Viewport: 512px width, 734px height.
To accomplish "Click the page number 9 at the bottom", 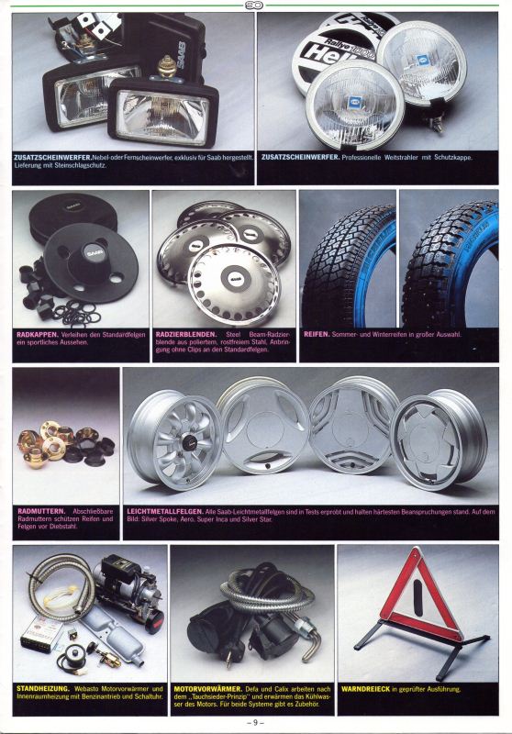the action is (x=255, y=722).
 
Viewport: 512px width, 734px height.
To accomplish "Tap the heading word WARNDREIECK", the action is (x=365, y=689).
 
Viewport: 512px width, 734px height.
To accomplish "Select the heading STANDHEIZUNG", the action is (x=42, y=689).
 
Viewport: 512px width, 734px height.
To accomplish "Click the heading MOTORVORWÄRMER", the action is (x=207, y=689).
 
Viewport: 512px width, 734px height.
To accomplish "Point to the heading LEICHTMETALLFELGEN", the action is (x=165, y=512).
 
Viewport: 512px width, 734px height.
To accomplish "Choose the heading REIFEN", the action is (x=317, y=334).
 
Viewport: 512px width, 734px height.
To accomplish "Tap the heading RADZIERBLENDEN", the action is (x=186, y=334).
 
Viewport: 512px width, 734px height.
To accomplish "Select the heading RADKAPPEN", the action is (x=38, y=335).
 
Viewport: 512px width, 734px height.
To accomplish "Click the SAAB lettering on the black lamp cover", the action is (x=180, y=55).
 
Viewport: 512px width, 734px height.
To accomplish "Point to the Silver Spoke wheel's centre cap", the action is (x=188, y=441).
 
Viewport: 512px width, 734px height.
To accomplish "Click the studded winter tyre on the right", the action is (x=450, y=264).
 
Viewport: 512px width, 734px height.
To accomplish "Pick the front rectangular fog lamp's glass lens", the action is (x=162, y=117).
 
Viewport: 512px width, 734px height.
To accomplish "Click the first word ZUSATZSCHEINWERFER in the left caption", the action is (x=52, y=157).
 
